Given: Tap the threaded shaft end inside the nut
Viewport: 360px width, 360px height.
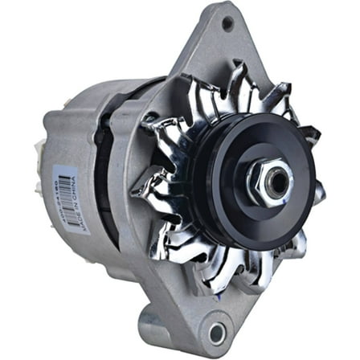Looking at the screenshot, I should point(276,182).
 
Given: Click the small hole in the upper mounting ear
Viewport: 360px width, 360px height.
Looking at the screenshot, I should point(228,23).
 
